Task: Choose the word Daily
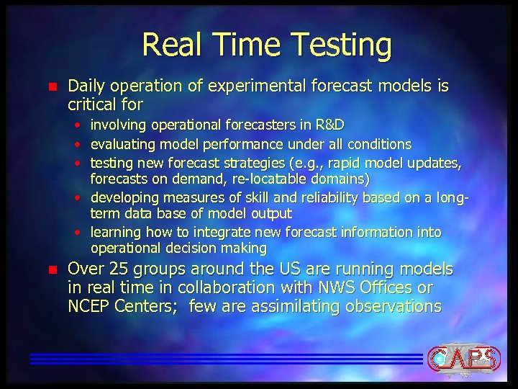point(86,86)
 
